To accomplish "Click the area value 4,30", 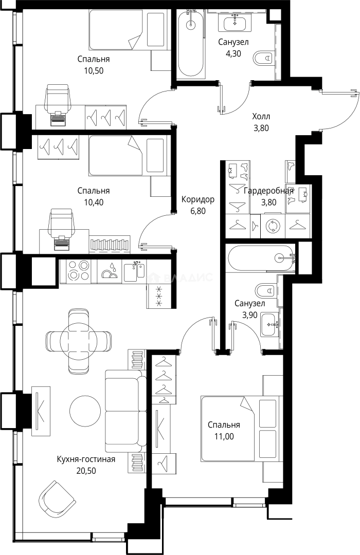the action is (x=233, y=54).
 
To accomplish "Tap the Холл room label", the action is (x=261, y=117).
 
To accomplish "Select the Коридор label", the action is (x=197, y=199).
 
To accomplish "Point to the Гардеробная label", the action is (x=268, y=191).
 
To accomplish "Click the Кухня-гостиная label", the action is (x=86, y=459).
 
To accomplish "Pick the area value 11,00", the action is (x=224, y=436).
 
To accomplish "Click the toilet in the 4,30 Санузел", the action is (x=264, y=58).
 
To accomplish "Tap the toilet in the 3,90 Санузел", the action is (x=266, y=290).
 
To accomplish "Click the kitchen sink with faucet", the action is (x=134, y=271).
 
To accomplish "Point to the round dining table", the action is (x=78, y=341).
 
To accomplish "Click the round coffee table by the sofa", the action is (x=85, y=411).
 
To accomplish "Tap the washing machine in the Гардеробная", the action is (x=273, y=226).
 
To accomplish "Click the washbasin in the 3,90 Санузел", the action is (x=271, y=325).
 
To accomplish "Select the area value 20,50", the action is (x=86, y=471).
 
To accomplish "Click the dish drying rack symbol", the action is (x=110, y=271).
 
